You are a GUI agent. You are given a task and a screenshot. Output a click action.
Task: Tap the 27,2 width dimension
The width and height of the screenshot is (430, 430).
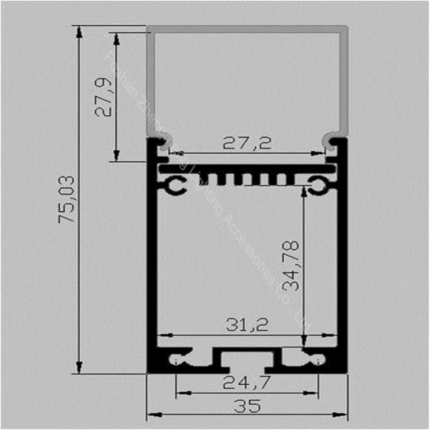click(x=247, y=143)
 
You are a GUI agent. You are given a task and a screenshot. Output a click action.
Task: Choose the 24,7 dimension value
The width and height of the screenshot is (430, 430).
click(x=247, y=381)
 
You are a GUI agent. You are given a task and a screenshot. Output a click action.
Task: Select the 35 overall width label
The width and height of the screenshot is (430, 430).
click(x=247, y=406)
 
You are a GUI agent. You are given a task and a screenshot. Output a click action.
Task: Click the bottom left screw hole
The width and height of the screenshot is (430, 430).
click(x=174, y=359)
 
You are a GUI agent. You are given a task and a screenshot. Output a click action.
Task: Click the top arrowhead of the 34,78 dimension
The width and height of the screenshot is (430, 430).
click(x=303, y=191)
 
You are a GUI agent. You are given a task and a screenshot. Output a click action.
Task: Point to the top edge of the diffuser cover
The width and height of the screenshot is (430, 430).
click(x=247, y=28)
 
